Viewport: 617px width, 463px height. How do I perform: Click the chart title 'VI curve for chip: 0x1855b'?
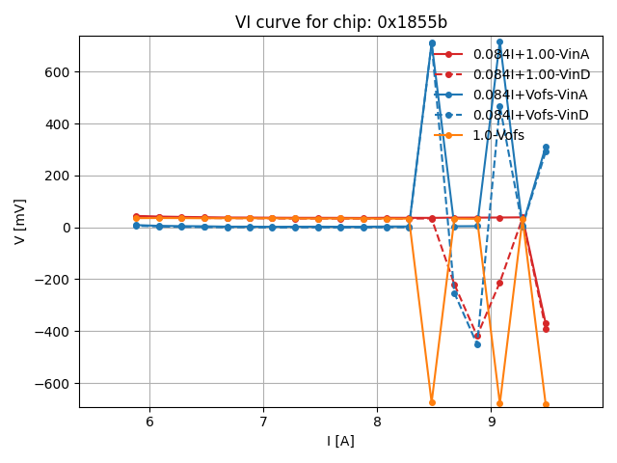coord(340,22)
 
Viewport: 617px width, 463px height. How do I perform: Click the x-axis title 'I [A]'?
coord(340,441)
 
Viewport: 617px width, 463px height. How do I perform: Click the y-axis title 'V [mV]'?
coord(20,221)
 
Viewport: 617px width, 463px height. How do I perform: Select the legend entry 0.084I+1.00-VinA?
coord(530,54)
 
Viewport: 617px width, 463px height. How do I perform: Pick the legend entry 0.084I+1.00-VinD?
coord(530,74)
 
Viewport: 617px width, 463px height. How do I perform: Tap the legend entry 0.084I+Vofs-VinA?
coord(530,95)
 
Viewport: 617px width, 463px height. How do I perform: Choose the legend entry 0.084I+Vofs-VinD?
coord(530,115)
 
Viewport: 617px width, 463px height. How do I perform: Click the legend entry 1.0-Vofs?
coord(498,135)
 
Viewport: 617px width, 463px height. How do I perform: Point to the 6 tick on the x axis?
coord(149,422)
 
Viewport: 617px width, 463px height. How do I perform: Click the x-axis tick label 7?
coord(263,422)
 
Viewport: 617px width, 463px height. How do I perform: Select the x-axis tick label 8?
coord(377,422)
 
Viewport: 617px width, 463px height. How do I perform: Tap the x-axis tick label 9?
coord(491,422)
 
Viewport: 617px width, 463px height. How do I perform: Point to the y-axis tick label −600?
coord(52,383)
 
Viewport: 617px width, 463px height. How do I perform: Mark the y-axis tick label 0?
coord(67,228)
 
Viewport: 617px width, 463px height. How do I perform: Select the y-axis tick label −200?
coord(52,280)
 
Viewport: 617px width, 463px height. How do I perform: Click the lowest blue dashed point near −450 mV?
coord(477,344)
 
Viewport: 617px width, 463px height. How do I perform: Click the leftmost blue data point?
coord(136,225)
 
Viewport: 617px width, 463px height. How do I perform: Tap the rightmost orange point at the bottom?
coord(546,404)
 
